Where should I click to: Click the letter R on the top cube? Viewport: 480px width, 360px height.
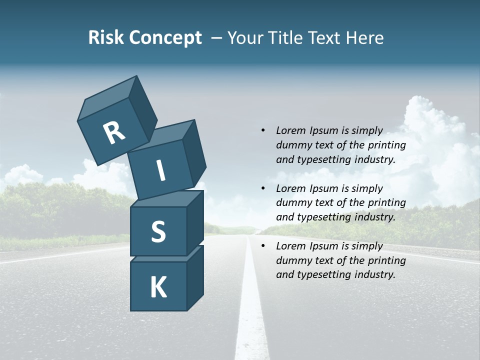click(114, 133)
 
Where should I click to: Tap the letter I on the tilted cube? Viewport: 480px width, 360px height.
click(161, 171)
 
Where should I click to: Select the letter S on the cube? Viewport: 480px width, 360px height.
click(158, 232)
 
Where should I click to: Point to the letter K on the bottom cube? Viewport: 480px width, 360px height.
click(158, 287)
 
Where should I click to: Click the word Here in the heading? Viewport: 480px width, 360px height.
click(365, 38)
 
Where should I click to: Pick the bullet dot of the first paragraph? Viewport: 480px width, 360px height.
click(263, 130)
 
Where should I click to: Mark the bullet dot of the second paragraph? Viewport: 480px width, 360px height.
click(263, 188)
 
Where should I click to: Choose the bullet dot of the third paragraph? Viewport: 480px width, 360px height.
click(263, 246)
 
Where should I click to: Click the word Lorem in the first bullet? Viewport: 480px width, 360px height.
click(290, 130)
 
